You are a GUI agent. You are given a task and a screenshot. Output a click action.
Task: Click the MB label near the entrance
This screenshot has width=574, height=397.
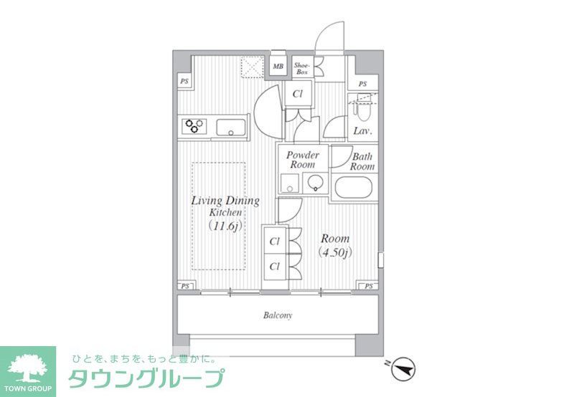(278, 68)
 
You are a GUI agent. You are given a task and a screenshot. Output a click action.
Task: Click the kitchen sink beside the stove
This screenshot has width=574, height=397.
(231, 129)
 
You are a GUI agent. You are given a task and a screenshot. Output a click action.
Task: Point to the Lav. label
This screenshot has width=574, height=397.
(361, 131)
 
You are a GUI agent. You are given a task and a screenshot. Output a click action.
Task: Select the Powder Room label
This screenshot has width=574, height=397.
(303, 160)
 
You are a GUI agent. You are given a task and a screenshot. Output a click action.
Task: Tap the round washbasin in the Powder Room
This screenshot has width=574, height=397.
(315, 184)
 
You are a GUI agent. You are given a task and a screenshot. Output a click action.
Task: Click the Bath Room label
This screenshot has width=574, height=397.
(362, 161)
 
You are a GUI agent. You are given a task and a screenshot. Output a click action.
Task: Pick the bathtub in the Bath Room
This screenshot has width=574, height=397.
(352, 190)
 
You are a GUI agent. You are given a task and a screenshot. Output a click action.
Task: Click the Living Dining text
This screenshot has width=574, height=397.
(225, 201)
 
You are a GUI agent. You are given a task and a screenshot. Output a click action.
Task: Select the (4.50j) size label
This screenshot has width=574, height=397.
(335, 252)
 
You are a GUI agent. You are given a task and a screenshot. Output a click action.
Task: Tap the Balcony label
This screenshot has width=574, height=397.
(277, 315)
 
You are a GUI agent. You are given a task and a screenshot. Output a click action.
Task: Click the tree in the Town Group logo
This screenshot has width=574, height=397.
(27, 364)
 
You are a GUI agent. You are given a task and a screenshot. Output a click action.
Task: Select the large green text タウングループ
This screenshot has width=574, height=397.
(146, 378)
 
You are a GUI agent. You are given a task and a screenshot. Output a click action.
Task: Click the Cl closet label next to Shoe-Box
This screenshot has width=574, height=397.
(296, 93)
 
